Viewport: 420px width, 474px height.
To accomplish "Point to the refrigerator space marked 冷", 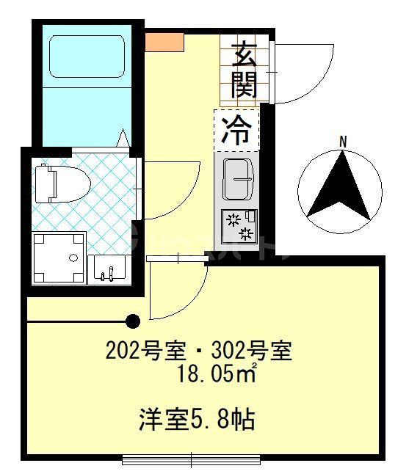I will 237,130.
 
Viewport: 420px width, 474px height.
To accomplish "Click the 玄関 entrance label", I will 243,70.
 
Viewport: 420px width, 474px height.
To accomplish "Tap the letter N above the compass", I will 342,141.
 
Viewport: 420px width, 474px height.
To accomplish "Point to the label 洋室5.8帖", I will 197,420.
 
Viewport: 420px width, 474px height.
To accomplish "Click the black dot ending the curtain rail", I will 133,321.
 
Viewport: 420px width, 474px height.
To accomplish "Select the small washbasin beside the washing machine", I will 109,269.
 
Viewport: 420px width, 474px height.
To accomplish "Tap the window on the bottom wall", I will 192,460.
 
